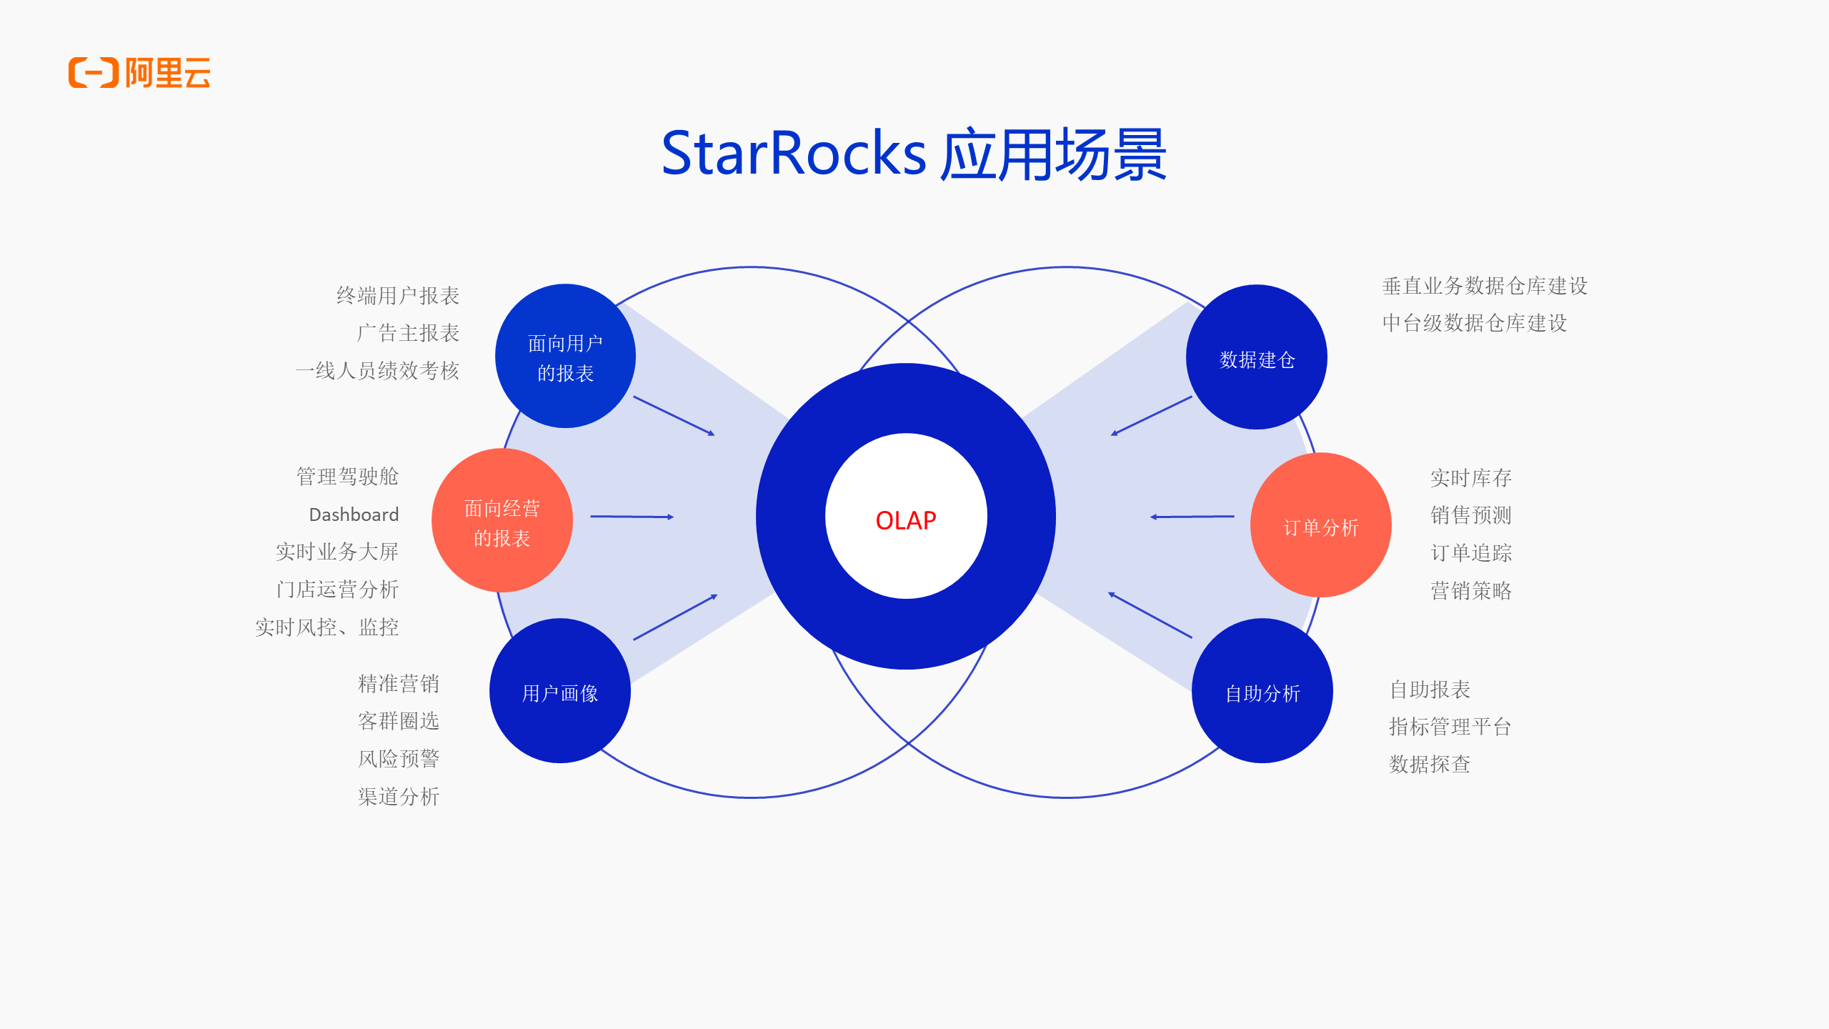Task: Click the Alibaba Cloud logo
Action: tap(139, 73)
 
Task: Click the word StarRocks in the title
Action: tap(793, 154)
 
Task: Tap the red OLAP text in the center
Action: tap(905, 520)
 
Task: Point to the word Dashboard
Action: tap(354, 514)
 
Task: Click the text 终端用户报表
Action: tap(397, 295)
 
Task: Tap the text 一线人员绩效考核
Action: tap(377, 370)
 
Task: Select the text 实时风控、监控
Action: tap(327, 627)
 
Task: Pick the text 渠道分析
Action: tap(398, 796)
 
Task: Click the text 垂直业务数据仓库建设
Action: tap(1485, 286)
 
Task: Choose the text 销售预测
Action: tap(1470, 514)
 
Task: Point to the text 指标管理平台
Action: tap(1450, 727)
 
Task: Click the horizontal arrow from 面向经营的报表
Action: tap(632, 516)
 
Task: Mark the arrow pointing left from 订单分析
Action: tap(1192, 516)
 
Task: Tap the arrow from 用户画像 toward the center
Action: tap(674, 617)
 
